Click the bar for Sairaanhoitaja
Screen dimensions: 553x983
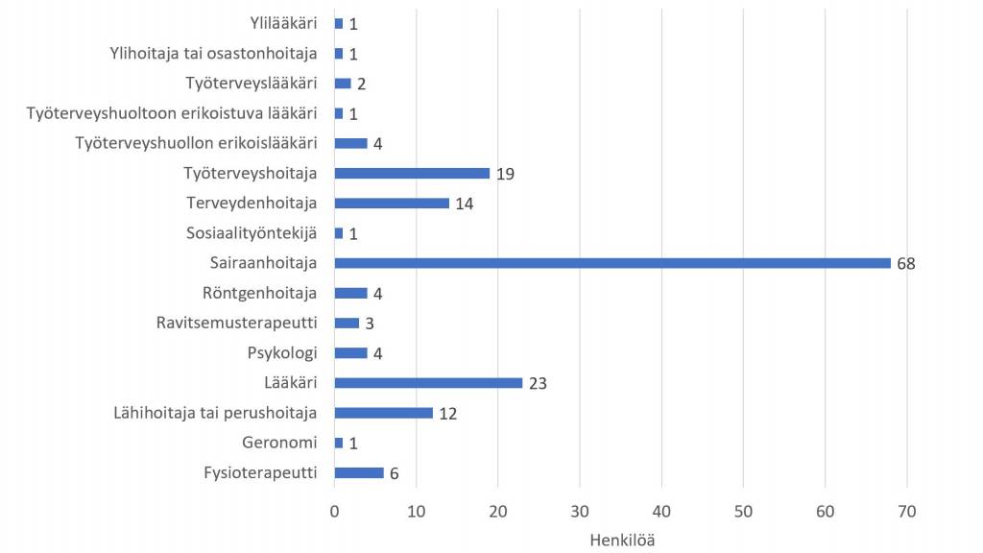coord(612,263)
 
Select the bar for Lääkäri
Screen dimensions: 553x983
coord(428,383)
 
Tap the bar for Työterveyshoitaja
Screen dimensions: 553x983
coord(412,174)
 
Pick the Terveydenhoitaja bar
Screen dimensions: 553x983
coord(392,204)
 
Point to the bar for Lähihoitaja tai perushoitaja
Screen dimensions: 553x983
coord(383,413)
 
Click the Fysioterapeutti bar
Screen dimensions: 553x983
coord(359,472)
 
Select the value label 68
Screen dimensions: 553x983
coord(905,263)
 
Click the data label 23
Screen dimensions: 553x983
coord(539,383)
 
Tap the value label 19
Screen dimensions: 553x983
coord(506,174)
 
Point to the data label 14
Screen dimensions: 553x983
coord(465,204)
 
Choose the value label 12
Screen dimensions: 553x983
coord(448,413)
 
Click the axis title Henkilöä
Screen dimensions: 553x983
coord(621,540)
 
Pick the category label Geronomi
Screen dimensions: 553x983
coord(280,443)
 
